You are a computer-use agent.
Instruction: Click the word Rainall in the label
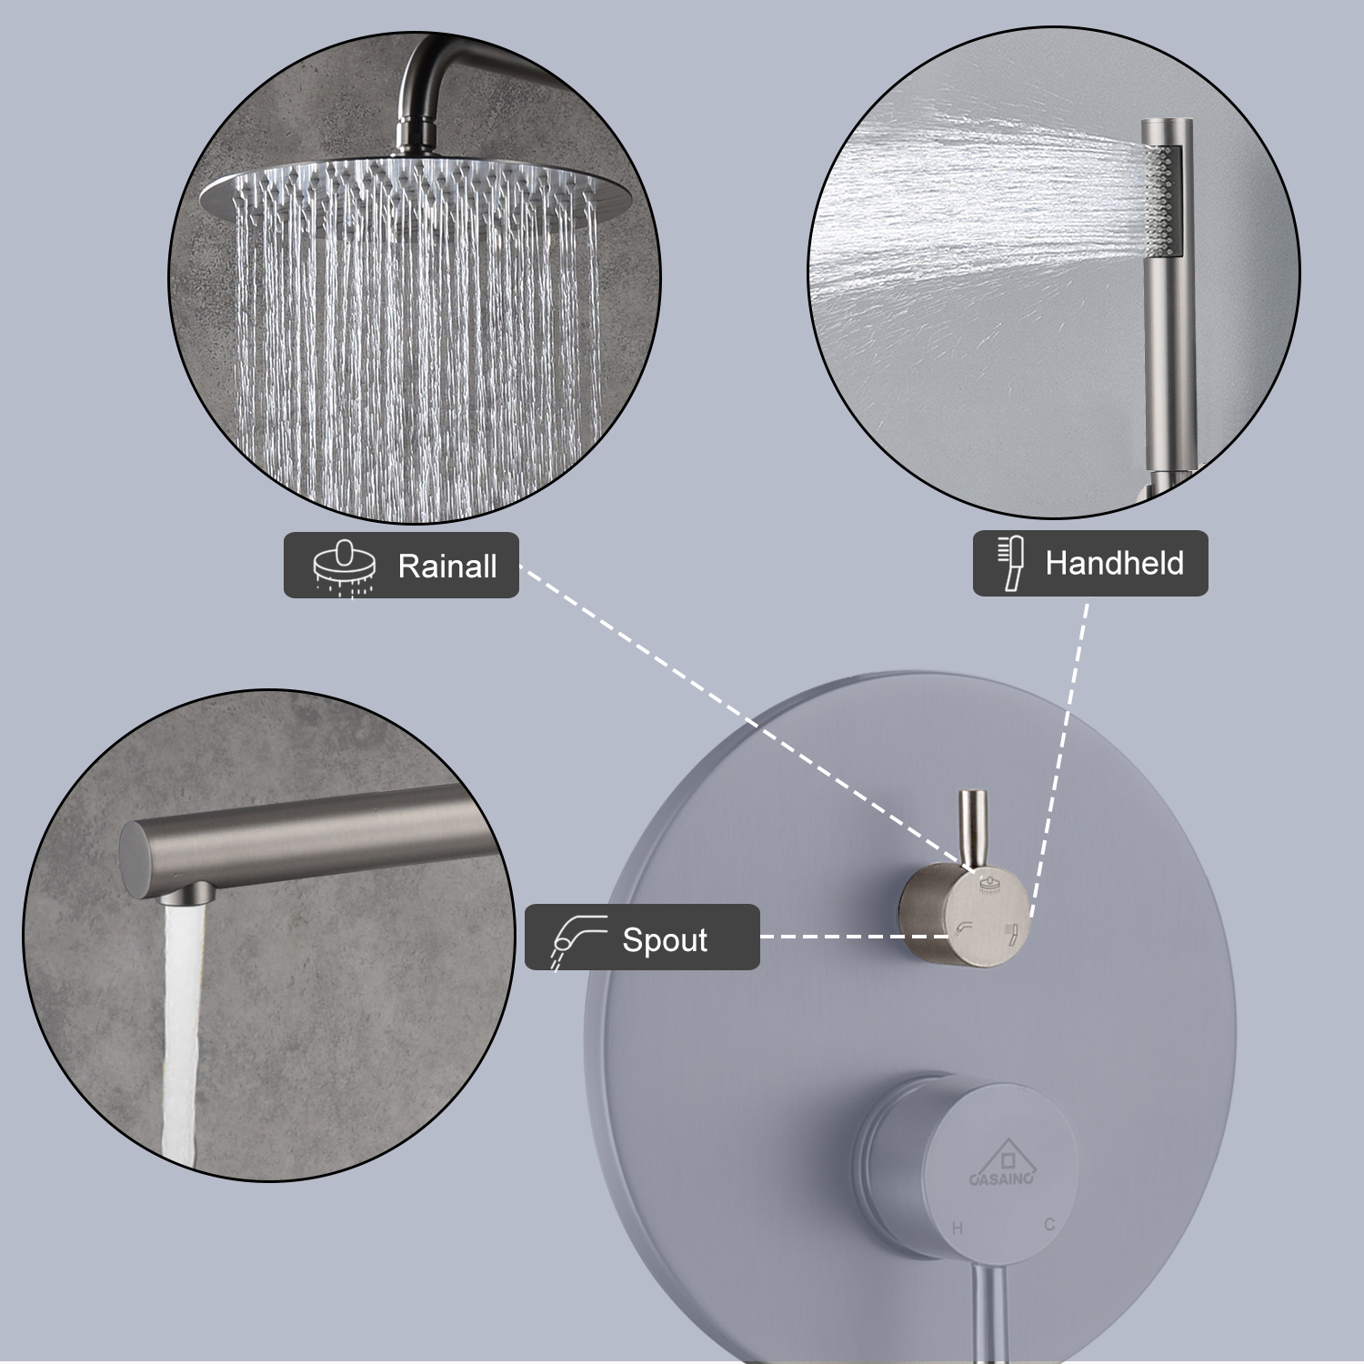click(446, 567)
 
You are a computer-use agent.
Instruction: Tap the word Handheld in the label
click(1114, 564)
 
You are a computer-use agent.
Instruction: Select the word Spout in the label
click(664, 939)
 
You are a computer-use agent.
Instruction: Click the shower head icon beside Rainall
click(344, 567)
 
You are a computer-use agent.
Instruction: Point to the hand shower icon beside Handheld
click(1009, 563)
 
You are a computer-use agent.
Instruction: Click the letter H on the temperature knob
click(957, 1229)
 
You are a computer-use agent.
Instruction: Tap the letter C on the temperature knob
click(1049, 1225)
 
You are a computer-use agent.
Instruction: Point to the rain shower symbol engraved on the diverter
click(989, 885)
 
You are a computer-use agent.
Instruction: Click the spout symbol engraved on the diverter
click(963, 929)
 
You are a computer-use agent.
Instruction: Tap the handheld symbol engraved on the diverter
click(1008, 930)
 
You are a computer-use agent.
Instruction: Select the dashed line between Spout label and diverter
click(827, 937)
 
